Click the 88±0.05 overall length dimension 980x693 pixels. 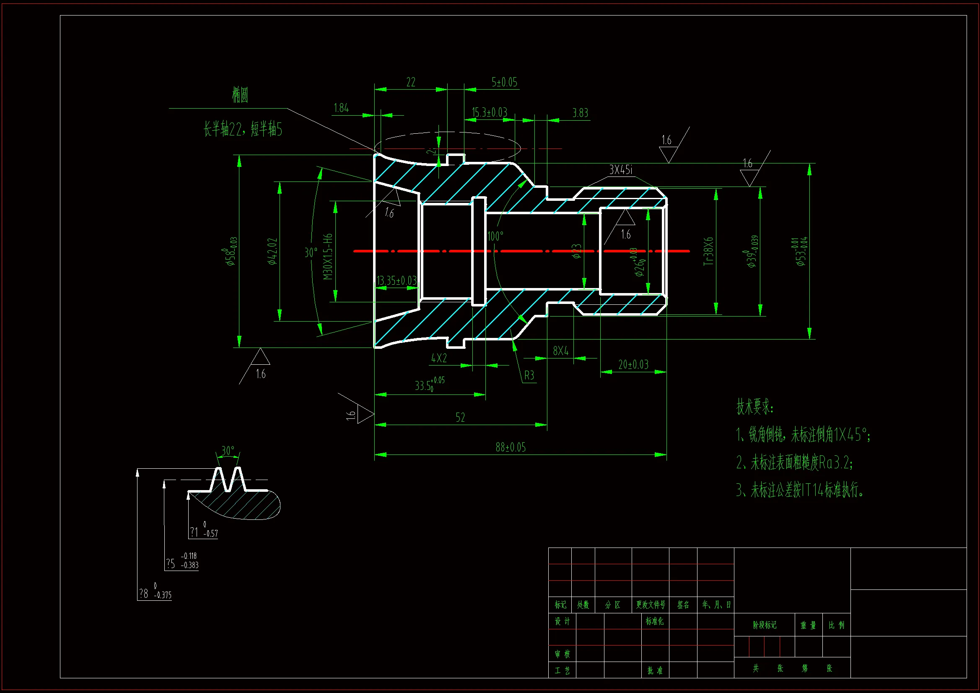[511, 447]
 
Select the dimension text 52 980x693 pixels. [460, 417]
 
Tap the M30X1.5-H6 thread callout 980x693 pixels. [328, 257]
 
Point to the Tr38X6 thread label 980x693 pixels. [708, 252]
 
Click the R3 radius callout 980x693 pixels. [529, 375]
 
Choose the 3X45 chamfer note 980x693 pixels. [621, 170]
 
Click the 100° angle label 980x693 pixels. [495, 236]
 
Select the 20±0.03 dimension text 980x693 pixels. [633, 364]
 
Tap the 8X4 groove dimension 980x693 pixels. [560, 351]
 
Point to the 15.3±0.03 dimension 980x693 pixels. [489, 112]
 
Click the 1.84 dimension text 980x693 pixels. [341, 108]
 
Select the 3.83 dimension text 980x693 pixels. [580, 113]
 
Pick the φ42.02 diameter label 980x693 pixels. [273, 251]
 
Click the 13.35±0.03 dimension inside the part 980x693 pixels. [396, 280]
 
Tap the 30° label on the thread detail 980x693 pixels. [228, 451]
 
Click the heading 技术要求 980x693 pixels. [754, 407]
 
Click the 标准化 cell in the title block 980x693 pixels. [654, 621]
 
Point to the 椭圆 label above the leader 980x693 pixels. [240, 95]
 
